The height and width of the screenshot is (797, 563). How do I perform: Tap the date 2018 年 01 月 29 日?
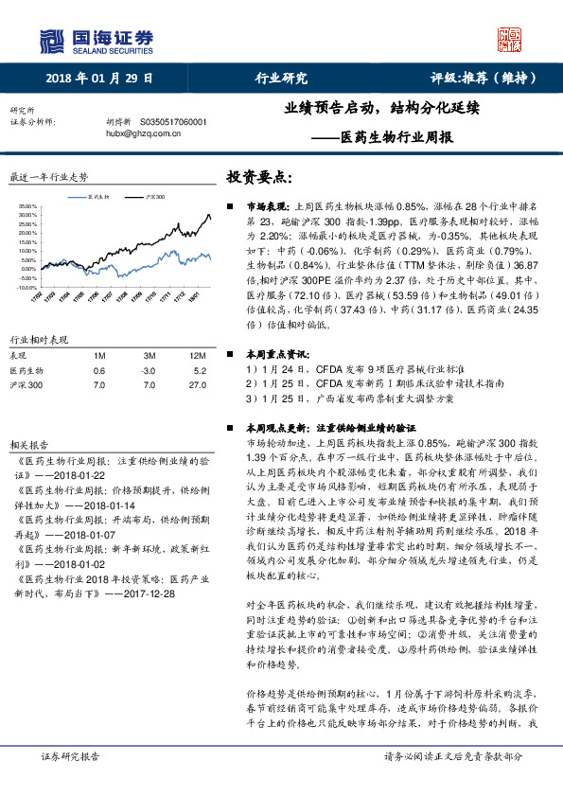[x=99, y=79]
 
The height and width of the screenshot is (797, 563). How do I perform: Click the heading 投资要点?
[x=258, y=178]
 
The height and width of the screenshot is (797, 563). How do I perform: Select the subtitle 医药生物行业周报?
[x=396, y=136]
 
